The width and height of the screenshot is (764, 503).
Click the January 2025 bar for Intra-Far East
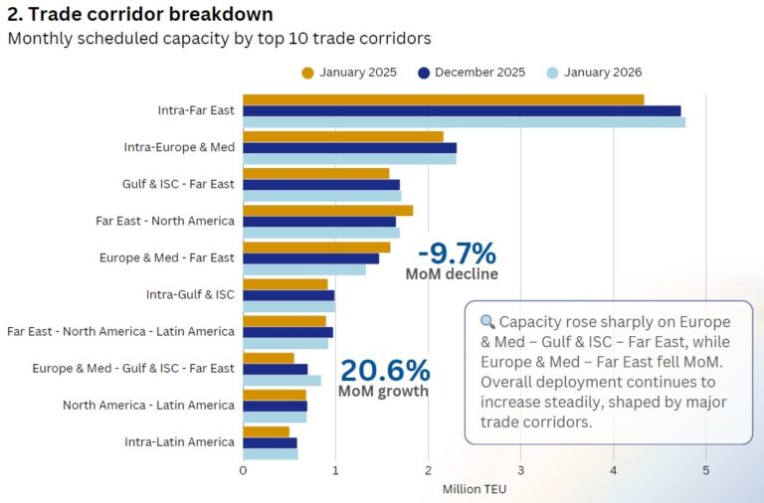(443, 99)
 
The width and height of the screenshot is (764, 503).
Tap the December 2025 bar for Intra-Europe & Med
(349, 147)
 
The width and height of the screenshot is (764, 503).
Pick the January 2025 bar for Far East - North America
(327, 210)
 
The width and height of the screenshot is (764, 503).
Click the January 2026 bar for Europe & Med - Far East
(303, 269)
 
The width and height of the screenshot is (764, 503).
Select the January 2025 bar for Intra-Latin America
(266, 431)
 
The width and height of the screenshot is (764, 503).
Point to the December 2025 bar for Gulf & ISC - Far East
(320, 184)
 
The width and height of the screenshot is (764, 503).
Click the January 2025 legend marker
(307, 72)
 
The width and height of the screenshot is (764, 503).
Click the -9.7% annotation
(456, 253)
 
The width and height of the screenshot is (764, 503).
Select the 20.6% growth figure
(385, 371)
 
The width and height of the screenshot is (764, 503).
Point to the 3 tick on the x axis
(520, 470)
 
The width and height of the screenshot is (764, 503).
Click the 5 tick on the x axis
(705, 470)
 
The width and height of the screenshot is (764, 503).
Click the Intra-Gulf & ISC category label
(190, 294)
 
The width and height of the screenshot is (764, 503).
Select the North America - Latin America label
(148, 405)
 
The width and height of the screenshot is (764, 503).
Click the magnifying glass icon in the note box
(487, 322)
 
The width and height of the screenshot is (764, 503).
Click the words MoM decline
(452, 273)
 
